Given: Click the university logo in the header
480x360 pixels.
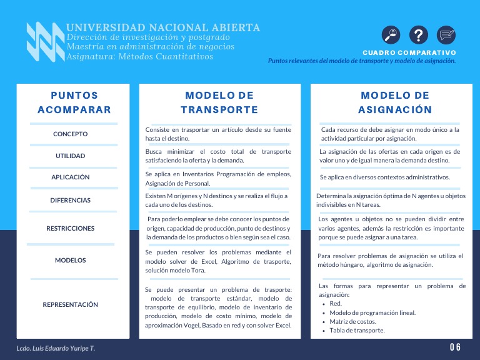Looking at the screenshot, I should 45,42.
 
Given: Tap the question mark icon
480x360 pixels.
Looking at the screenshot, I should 419,35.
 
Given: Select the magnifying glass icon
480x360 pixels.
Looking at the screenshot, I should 391,35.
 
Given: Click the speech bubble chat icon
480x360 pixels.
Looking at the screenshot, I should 446,35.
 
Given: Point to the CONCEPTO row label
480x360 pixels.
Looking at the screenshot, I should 71,134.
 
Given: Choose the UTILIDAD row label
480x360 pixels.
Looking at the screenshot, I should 71,156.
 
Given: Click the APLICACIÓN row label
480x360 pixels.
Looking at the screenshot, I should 71,177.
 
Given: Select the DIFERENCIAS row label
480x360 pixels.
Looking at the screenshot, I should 71,201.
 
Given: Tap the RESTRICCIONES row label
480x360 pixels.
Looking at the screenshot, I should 71,229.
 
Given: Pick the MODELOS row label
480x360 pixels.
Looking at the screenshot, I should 71,260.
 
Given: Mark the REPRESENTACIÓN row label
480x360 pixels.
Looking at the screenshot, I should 71,305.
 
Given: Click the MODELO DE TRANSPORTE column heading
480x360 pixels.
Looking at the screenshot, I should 219,102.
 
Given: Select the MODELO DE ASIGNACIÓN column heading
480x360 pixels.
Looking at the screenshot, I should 395,102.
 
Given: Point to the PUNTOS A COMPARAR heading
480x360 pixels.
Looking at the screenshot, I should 74,102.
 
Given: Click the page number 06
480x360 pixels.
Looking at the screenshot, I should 455,347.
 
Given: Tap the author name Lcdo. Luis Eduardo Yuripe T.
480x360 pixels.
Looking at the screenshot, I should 56,347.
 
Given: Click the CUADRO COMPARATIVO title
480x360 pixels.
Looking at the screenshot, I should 409,52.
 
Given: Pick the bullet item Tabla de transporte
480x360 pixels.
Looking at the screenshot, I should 357,330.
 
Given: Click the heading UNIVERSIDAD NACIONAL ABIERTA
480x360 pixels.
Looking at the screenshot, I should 163,27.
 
